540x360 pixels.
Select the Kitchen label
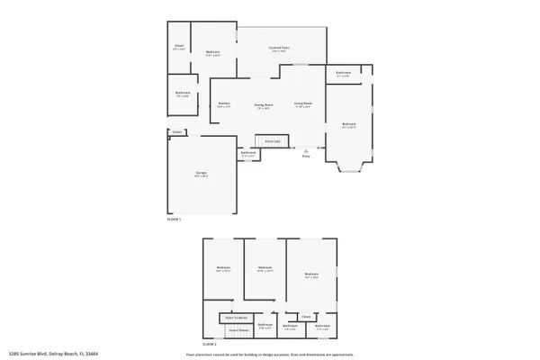[x=224, y=103]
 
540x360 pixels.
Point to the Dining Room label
[x=263, y=103]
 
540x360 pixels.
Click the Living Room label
[x=303, y=103]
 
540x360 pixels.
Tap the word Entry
[x=306, y=157]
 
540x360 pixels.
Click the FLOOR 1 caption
[x=174, y=219]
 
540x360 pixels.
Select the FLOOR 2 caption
[x=210, y=345]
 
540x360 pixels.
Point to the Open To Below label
[x=237, y=318]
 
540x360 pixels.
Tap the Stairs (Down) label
[x=238, y=330]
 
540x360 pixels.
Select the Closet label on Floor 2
[x=306, y=316]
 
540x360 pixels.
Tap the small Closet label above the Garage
[x=177, y=133]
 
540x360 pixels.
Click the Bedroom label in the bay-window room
[x=348, y=123]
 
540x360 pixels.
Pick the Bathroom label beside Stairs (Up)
[x=248, y=152]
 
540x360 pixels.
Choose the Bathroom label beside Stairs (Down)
[x=265, y=325]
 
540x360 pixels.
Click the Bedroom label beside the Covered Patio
[x=213, y=53]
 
